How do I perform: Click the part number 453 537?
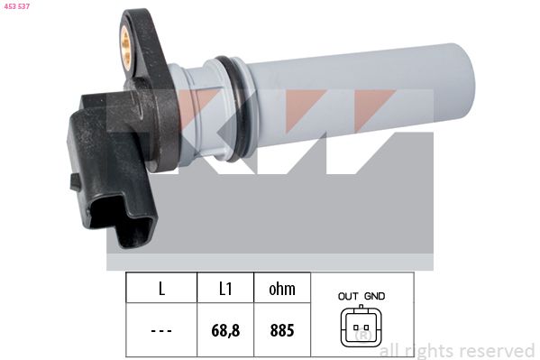click(x=17, y=8)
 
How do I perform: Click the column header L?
click(x=161, y=290)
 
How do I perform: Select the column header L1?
click(x=225, y=290)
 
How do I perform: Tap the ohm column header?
click(x=282, y=290)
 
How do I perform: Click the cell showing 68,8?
click(x=225, y=330)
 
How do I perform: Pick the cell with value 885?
click(x=282, y=330)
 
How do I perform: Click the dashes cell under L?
click(x=161, y=330)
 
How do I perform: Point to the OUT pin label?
click(x=349, y=296)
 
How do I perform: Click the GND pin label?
click(x=374, y=296)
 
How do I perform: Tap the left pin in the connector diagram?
click(x=356, y=326)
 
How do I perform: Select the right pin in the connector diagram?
click(x=368, y=326)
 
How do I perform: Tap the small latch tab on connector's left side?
click(x=75, y=181)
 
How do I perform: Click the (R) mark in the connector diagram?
click(x=363, y=337)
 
